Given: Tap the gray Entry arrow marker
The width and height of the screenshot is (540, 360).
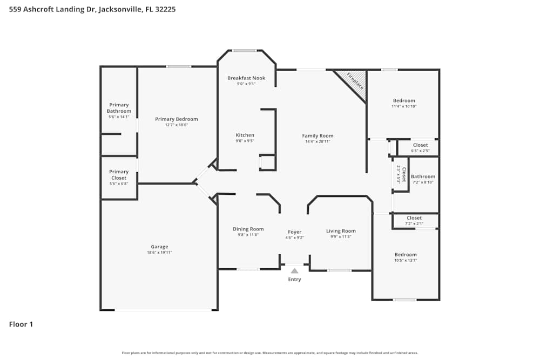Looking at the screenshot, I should [294, 271].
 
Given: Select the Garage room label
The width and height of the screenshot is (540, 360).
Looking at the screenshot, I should [159, 247].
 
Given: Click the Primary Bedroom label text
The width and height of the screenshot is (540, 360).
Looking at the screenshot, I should [176, 119].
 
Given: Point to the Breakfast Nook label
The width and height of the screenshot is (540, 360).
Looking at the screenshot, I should [246, 78].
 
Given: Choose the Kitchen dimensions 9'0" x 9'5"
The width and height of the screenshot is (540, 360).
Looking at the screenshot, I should [245, 141].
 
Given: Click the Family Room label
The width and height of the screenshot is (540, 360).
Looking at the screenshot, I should [318, 136].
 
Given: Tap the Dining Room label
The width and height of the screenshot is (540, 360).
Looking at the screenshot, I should [248, 229].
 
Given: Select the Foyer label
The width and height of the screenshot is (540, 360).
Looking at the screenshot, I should [294, 232].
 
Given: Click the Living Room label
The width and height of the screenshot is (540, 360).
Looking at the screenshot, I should [341, 231].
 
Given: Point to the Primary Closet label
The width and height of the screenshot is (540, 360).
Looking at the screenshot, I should [119, 175].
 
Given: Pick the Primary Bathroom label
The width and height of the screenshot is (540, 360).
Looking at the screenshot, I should [119, 108].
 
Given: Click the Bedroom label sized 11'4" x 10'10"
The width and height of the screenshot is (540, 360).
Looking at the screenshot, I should [404, 101].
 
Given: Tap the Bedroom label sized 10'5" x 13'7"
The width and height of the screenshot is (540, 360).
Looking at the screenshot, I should [405, 255].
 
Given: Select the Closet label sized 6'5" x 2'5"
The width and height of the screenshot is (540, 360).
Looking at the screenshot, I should [420, 145].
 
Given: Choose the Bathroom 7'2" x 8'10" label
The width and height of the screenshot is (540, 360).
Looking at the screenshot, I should [423, 176].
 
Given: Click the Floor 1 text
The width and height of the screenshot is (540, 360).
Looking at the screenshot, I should [21, 324].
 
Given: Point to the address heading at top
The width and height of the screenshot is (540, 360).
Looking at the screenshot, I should [92, 9].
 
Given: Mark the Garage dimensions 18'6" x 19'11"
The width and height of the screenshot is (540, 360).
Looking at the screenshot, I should [159, 253].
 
